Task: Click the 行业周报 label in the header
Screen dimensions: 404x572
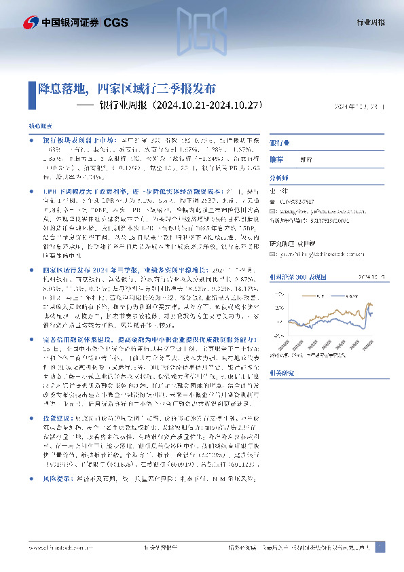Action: click(x=371, y=23)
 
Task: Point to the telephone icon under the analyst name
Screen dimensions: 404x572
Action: click(x=273, y=200)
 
